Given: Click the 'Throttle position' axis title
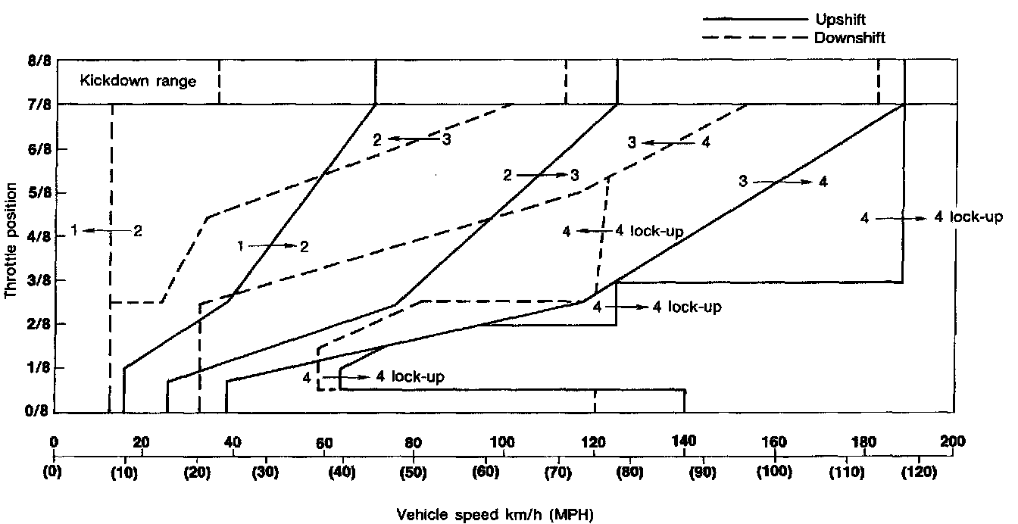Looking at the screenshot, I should click(12, 235).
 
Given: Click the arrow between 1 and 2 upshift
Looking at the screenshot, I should click(270, 246).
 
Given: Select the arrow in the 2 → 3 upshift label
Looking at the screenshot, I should click(539, 175).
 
